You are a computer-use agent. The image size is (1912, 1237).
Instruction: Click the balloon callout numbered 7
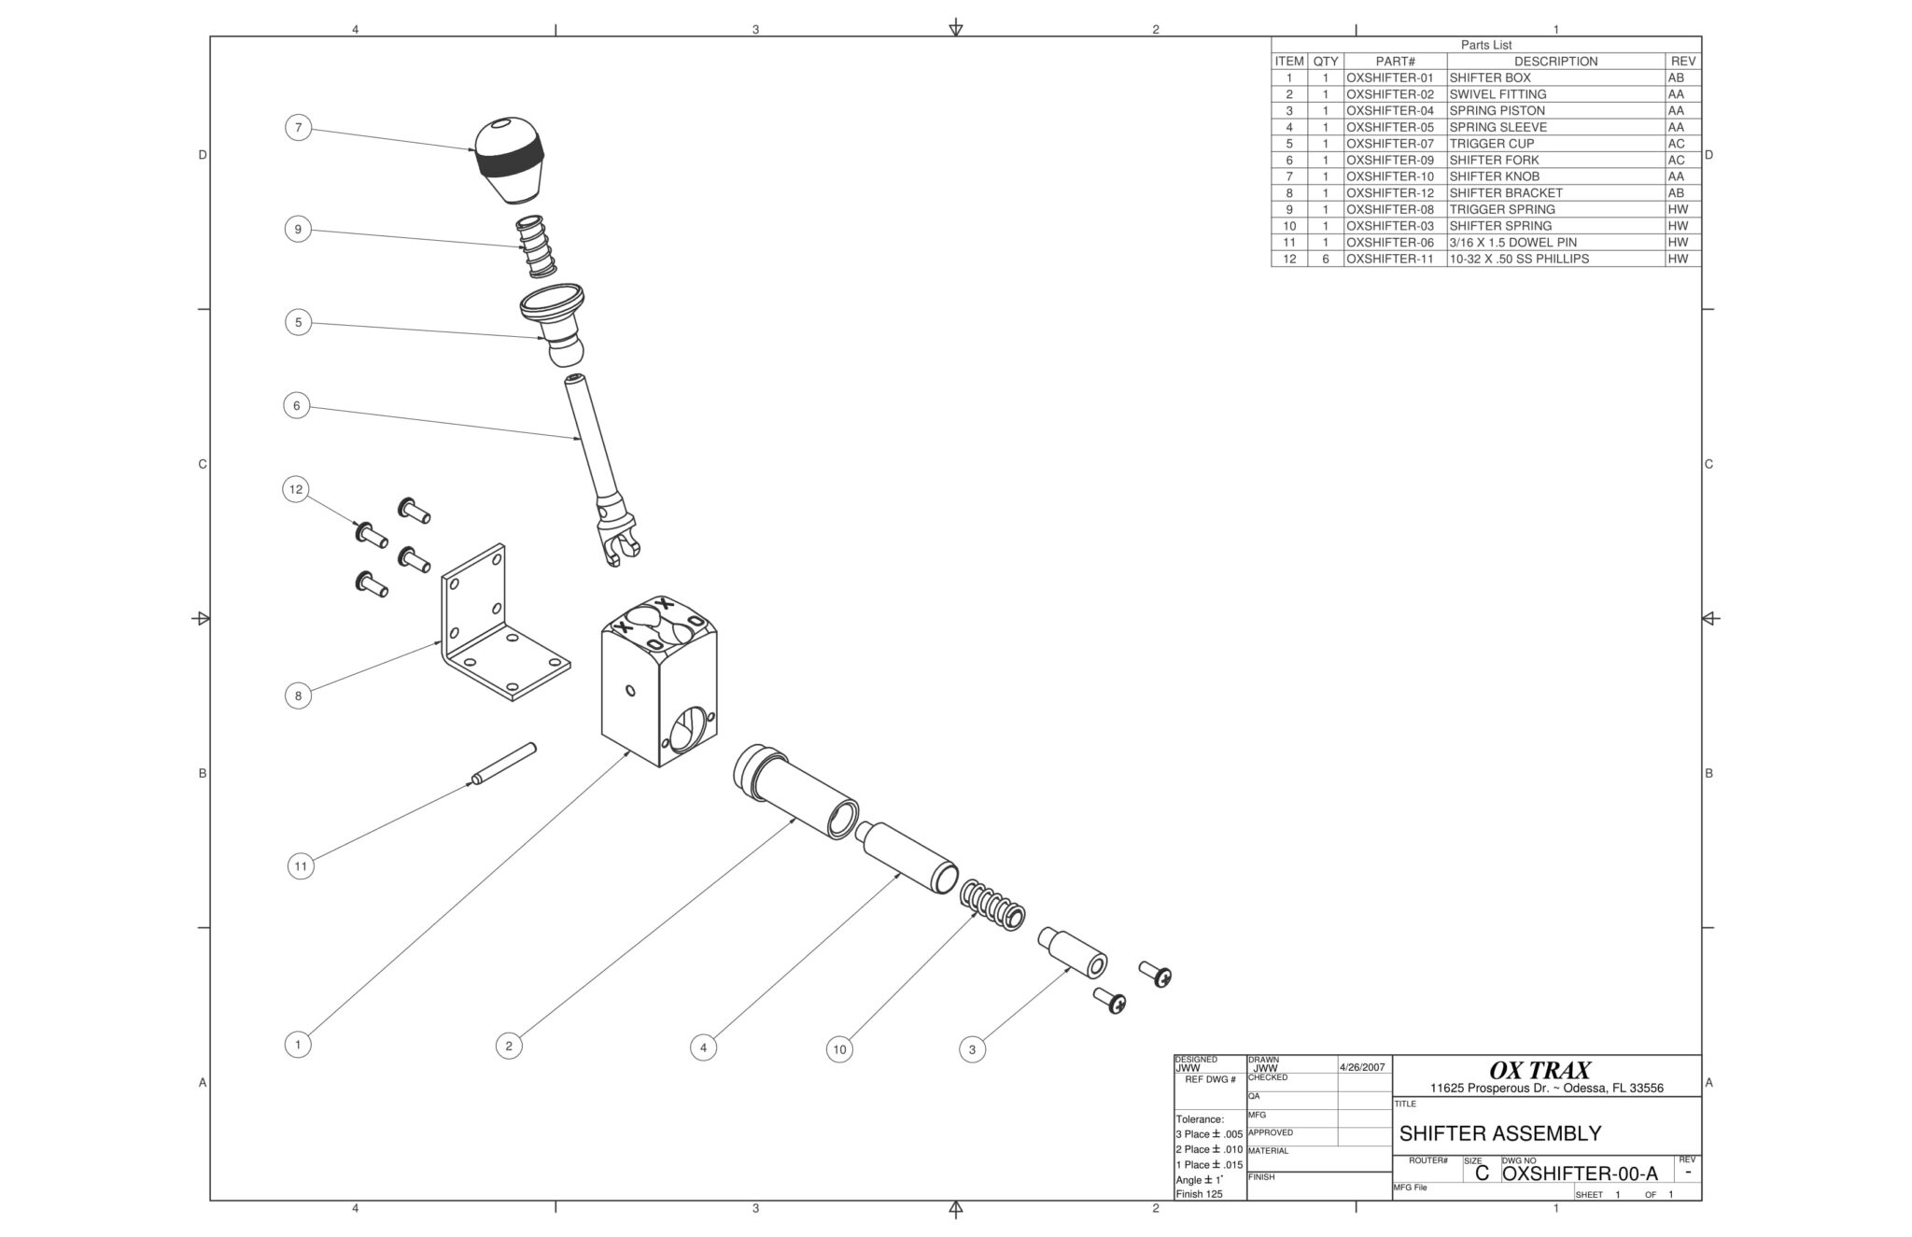298,128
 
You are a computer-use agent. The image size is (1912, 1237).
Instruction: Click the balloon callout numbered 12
296,489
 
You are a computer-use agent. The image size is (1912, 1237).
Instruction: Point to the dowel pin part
504,764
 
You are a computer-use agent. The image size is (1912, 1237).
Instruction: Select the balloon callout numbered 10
839,1049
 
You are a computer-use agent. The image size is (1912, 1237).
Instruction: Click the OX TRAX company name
1545,1070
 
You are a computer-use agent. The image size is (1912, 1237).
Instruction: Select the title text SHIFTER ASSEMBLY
1499,1133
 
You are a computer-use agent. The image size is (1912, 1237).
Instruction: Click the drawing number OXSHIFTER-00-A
1580,1174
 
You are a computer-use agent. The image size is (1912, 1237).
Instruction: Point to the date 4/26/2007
1363,1066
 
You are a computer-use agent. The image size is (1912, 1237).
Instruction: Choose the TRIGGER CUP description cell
1491,144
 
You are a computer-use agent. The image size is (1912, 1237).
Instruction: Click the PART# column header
1395,62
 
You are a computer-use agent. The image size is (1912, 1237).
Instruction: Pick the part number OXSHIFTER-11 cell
1389,259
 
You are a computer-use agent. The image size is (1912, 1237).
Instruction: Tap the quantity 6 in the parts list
1325,259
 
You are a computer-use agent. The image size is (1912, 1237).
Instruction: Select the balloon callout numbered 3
972,1049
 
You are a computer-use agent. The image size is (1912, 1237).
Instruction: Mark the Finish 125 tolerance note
1199,1194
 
